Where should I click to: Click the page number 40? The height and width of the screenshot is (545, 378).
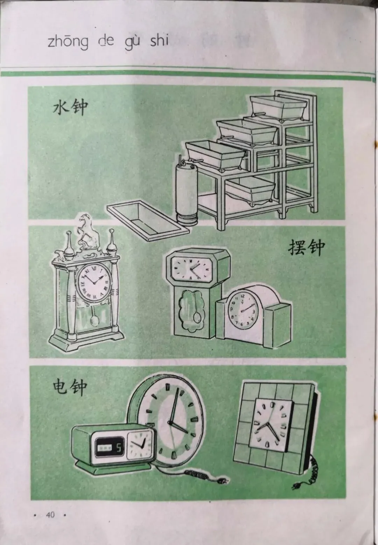(x=50, y=515)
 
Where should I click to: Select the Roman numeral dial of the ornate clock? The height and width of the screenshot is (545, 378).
(x=93, y=283)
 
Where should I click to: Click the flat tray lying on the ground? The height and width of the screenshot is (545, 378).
(x=147, y=220)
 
